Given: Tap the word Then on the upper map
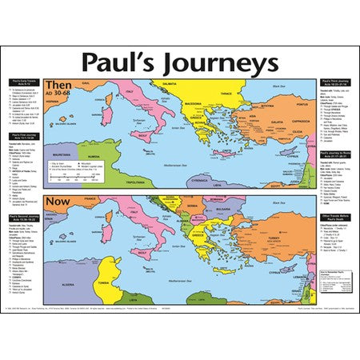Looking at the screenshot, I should tap(58, 84).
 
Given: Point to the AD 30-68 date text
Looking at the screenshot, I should tap(59, 94).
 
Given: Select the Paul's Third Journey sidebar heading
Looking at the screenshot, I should tap(335, 82).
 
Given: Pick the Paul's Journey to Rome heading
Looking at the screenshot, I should tap(335, 153).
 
